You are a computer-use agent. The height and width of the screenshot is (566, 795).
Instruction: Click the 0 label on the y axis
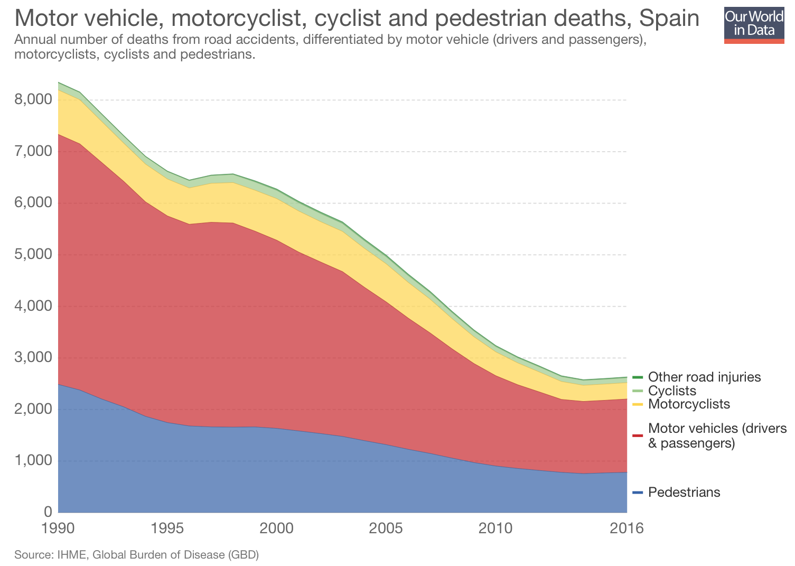tap(48, 512)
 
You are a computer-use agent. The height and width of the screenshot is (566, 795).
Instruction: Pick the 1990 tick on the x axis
tap(58, 528)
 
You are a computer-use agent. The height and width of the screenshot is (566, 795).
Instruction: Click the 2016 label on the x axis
tap(626, 528)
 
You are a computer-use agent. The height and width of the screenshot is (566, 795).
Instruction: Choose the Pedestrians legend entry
tap(684, 493)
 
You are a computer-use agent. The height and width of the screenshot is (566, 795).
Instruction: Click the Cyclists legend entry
tap(672, 391)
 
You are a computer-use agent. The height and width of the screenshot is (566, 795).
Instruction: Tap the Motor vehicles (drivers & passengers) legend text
tap(717, 435)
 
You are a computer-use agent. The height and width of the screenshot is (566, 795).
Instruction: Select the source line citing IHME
tap(136, 555)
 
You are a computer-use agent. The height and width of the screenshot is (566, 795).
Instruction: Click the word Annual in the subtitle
tap(33, 40)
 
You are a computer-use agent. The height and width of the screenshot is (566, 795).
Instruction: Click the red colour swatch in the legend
tap(638, 435)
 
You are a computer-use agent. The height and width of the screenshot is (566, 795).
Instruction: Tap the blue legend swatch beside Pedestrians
tap(638, 493)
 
